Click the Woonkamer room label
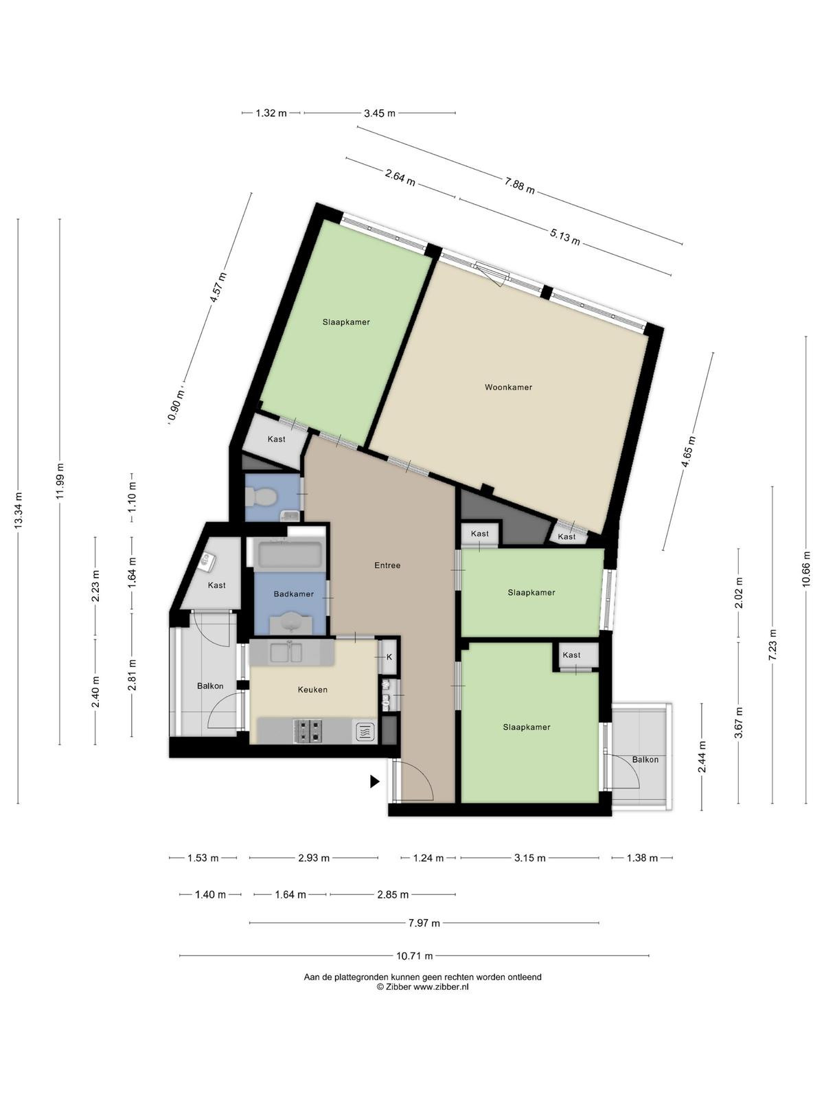point(508,387)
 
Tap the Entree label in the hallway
point(387,565)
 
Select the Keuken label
point(312,690)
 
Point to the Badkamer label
point(294,594)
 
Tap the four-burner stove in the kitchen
point(309,732)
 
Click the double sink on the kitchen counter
point(286,653)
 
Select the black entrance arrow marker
point(375,781)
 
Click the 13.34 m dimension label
point(18,510)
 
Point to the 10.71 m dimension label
point(414,956)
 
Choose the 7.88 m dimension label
point(519,186)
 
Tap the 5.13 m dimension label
point(565,237)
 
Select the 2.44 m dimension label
point(702,756)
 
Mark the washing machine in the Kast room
point(207,561)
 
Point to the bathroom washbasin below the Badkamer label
point(291,624)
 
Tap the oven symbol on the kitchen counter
point(365,732)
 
